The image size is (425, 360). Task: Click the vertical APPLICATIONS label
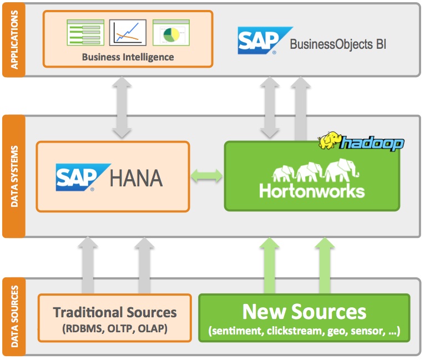coord(14,40)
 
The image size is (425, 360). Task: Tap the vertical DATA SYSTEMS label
coord(14,176)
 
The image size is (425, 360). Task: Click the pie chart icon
coord(171,33)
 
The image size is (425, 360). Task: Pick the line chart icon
coord(128,33)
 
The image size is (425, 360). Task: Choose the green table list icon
coord(85,33)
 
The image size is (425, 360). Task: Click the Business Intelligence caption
coord(128,57)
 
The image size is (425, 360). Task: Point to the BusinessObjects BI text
coord(338,44)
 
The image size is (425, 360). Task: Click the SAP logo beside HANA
coord(83,178)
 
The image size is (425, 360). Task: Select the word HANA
coord(136,178)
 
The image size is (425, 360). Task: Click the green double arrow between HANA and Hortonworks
coord(207,176)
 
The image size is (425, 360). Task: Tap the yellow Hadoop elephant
coord(329,140)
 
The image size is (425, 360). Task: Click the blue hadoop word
coord(372,143)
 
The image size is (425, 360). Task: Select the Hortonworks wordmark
coord(312,191)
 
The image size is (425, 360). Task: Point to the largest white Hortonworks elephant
coord(342,170)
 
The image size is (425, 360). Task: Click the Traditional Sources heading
coord(115,312)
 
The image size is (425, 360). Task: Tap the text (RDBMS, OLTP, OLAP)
coord(115,328)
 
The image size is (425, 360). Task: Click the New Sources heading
coord(304,312)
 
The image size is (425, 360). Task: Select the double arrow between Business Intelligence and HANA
coord(122,107)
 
